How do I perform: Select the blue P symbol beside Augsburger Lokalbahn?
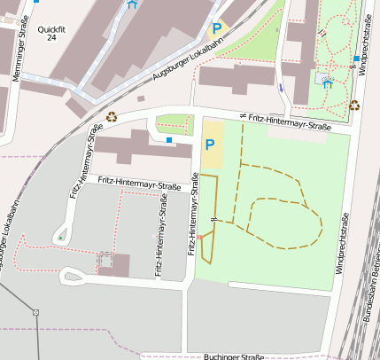click(217, 29)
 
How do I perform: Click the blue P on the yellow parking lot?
click(210, 145)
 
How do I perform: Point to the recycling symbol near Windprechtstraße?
click(354, 105)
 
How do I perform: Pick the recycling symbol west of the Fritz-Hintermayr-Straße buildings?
click(112, 115)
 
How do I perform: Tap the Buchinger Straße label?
click(234, 356)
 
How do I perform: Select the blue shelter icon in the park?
click(329, 82)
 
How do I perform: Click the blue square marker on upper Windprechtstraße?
click(356, 59)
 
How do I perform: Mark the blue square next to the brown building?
click(169, 139)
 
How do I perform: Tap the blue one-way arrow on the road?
click(281, 88)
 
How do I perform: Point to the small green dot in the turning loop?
click(59, 237)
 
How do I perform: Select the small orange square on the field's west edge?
click(199, 237)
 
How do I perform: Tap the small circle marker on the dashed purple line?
click(36, 312)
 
